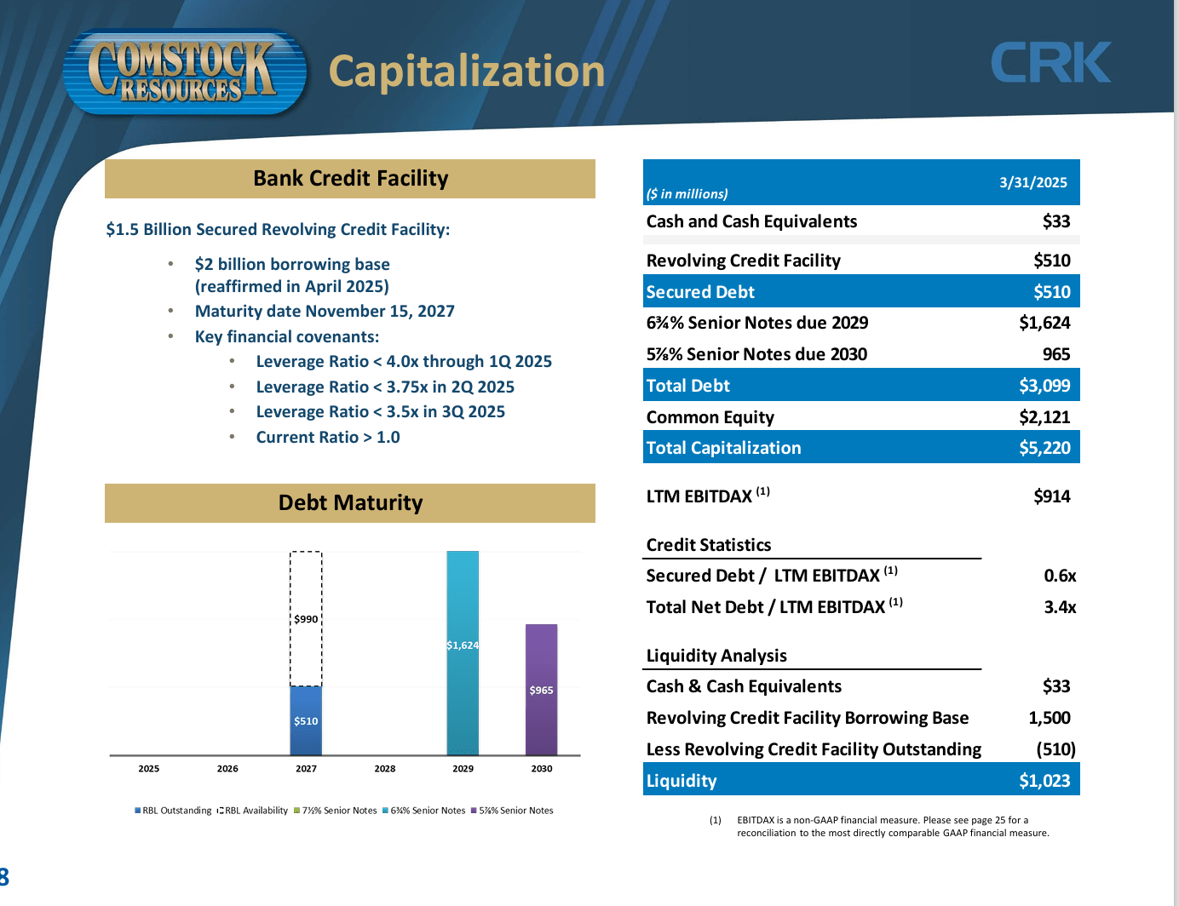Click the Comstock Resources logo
[x=183, y=72]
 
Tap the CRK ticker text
[x=1050, y=63]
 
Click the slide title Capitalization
[x=466, y=72]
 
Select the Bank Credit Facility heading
[x=350, y=179]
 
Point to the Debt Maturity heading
[x=350, y=503]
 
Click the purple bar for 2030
[x=541, y=690]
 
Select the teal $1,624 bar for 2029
[x=463, y=652]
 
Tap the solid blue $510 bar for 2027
[x=306, y=720]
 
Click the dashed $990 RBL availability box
[x=306, y=619]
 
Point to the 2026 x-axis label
[x=227, y=769]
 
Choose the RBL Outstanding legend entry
[x=173, y=811]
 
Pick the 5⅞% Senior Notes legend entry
[x=512, y=811]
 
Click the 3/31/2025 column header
[x=1032, y=182]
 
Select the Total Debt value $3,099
[x=1044, y=386]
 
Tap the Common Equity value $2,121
[x=1044, y=417]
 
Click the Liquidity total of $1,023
[x=1044, y=781]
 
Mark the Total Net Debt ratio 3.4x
[x=1060, y=607]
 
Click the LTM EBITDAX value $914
[x=1051, y=496]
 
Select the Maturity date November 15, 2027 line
[x=325, y=312]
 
